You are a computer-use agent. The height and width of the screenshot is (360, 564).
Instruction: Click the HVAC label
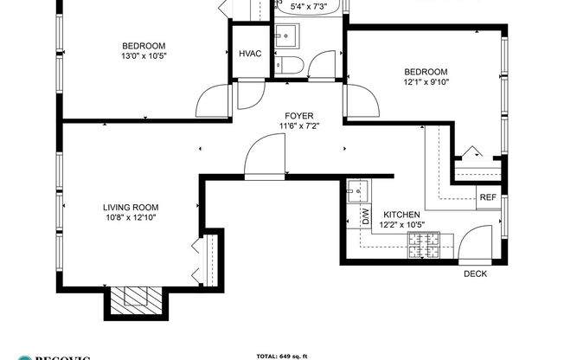click(x=250, y=55)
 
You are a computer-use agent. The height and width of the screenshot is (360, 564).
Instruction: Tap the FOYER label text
click(x=300, y=116)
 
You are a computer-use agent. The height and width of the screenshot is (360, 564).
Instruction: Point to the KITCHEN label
click(x=402, y=215)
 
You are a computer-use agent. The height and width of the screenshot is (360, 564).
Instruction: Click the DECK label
click(x=475, y=274)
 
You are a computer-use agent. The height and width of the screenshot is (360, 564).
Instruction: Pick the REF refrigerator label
click(x=488, y=198)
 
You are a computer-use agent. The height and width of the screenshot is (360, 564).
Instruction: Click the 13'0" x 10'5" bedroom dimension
click(x=143, y=56)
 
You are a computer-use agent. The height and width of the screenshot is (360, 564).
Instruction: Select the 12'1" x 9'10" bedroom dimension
click(x=426, y=82)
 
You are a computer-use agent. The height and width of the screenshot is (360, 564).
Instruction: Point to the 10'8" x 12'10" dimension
click(x=131, y=218)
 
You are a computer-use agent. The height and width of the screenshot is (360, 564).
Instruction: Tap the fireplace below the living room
click(x=136, y=298)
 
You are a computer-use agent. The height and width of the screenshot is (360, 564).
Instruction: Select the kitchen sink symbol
click(x=358, y=190)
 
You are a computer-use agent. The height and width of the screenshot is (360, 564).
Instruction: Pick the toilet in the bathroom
click(x=289, y=67)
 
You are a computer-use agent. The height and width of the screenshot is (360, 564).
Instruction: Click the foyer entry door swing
click(x=262, y=158)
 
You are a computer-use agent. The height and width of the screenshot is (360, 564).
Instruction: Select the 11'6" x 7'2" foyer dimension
click(x=300, y=126)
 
